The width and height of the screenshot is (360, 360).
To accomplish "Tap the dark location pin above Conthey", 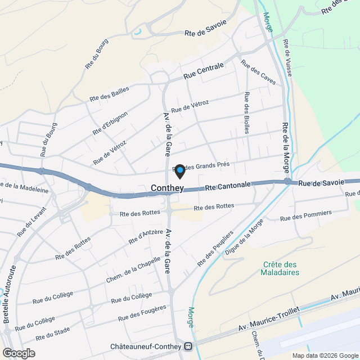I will coord(179,170).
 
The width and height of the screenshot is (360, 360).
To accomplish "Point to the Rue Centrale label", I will coord(204,70).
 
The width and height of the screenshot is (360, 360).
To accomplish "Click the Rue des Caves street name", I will coord(258,73).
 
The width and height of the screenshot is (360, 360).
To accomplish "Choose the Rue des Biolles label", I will coord(246,112).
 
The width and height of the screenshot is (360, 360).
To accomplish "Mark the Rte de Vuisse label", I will coord(287,57).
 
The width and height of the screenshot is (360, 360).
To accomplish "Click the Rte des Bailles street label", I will coord(109,93).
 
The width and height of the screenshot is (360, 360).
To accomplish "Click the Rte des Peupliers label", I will coord(215,249).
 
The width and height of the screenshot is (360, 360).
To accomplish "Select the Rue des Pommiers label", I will coord(305,215).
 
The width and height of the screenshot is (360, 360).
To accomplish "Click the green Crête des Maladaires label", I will coord(281,268).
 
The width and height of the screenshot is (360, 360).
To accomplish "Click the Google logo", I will coord(18,353).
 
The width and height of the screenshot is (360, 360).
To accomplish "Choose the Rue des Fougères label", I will coord(143,314).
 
